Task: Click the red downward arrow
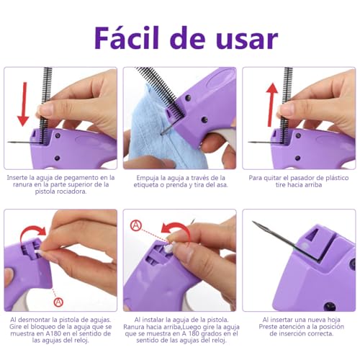23,102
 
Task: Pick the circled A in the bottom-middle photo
135,225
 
